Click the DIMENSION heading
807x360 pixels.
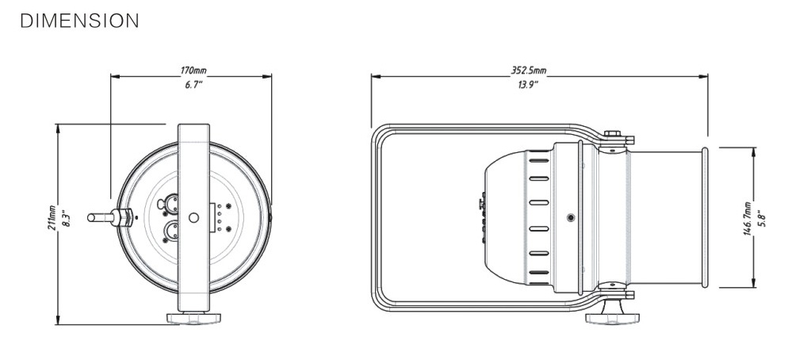pyautogui.click(x=79, y=21)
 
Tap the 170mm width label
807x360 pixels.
pyautogui.click(x=193, y=70)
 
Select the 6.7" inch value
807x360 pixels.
pyautogui.click(x=194, y=84)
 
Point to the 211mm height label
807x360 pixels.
pyautogui.click(x=52, y=217)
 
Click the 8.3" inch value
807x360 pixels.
pyautogui.click(x=65, y=217)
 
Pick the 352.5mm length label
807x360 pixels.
pyautogui.click(x=529, y=70)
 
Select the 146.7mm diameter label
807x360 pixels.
pyautogui.click(x=748, y=218)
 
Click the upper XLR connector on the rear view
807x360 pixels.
pyautogui.click(x=171, y=204)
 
